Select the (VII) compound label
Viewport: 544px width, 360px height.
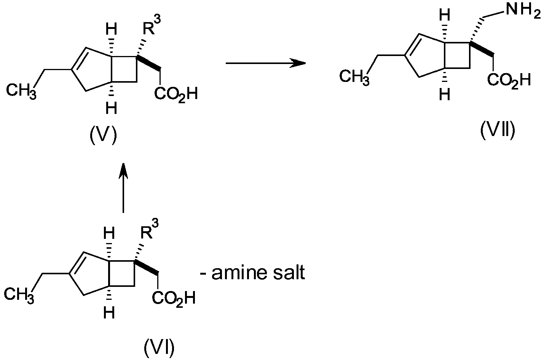pyautogui.click(x=498, y=131)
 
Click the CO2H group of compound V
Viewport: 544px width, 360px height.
pyautogui.click(x=176, y=94)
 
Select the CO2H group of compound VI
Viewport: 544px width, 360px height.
pyautogui.click(x=174, y=299)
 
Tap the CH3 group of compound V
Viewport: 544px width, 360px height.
pyautogui.click(x=21, y=91)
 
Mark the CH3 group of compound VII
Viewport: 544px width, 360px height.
pyautogui.click(x=354, y=77)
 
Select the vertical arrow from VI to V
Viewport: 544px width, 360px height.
pyautogui.click(x=123, y=188)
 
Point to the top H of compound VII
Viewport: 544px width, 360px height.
pyautogui.click(x=445, y=15)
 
